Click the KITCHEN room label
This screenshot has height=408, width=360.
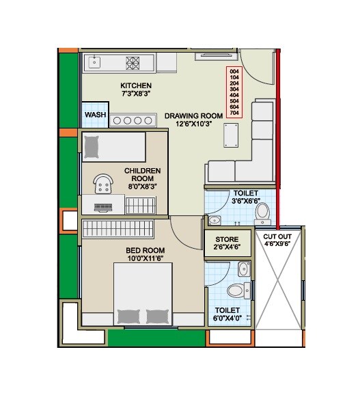(136, 85)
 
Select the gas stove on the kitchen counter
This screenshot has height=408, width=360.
(133, 63)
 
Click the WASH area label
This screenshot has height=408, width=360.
(96, 115)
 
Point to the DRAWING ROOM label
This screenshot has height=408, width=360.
(194, 116)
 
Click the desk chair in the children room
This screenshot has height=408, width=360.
(104, 182)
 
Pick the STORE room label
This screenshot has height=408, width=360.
(227, 240)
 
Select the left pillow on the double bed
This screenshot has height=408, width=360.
(128, 315)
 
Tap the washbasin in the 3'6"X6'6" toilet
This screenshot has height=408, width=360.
(214, 220)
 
